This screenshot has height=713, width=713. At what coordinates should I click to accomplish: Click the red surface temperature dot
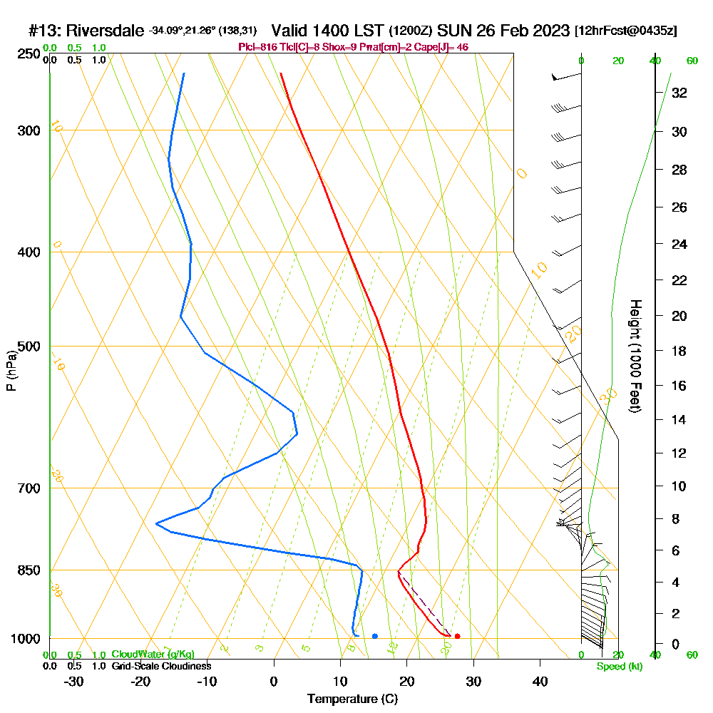[457, 636]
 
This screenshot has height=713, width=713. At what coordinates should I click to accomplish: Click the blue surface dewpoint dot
[374, 636]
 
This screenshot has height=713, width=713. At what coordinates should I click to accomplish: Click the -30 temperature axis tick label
[74, 681]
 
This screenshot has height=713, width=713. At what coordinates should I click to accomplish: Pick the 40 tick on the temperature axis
[540, 681]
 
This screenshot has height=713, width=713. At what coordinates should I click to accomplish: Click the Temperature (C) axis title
[352, 699]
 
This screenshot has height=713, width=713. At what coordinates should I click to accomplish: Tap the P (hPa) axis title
[11, 370]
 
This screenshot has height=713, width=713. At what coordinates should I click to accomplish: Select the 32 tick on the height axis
[679, 93]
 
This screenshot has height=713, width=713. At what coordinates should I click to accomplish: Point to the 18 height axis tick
[679, 351]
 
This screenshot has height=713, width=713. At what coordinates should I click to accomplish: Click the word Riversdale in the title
[106, 31]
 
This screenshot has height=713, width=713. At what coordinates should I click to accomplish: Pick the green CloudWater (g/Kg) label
[153, 655]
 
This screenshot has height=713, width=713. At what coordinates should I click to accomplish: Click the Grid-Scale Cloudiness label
[161, 666]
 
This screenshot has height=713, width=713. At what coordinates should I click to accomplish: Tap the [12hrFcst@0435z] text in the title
[626, 31]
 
